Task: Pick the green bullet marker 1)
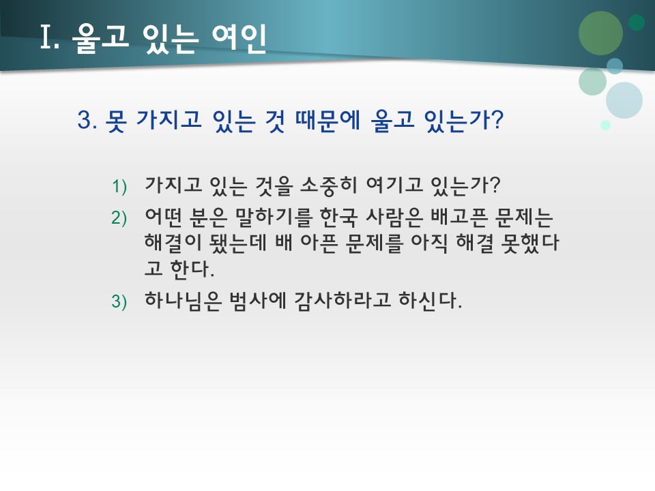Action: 119,186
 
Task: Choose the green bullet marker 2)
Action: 119,218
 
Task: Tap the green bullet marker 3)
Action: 119,302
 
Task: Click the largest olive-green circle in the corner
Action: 600,33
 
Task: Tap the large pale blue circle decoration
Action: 624,100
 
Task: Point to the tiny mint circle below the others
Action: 605,125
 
